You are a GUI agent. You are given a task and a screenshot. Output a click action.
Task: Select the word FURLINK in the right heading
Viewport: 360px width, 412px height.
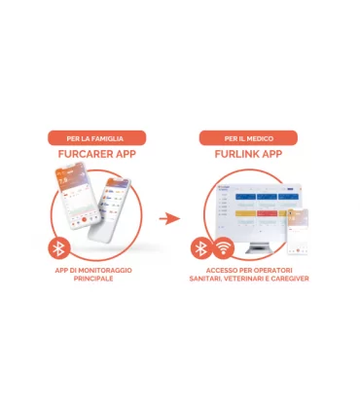[x=237, y=155]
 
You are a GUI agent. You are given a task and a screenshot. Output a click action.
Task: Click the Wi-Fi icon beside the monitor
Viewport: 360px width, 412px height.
[x=223, y=247]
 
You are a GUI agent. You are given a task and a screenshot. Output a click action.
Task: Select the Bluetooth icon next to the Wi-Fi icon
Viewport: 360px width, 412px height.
[x=200, y=247]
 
